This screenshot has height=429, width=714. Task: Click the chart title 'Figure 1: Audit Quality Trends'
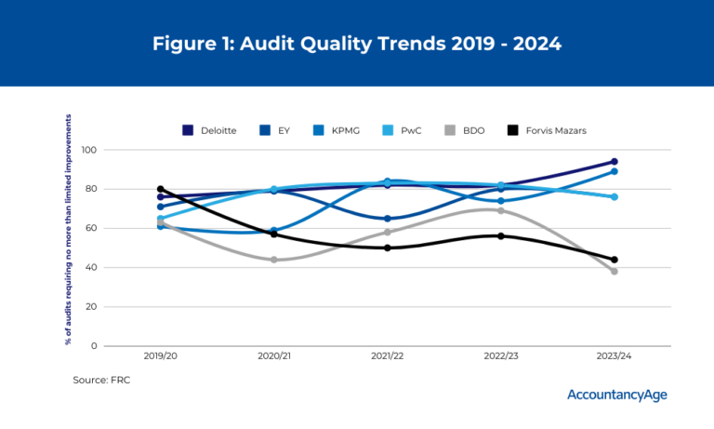coord(357,44)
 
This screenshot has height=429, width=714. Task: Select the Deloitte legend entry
coord(210,130)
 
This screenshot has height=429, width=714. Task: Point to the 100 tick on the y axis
coord(89,150)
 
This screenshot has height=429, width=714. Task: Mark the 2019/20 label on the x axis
coord(161,356)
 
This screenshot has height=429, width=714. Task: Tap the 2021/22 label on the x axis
coord(388,356)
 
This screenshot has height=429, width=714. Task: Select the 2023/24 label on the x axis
coord(615,356)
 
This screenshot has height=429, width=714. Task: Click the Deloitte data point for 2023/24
coord(615,162)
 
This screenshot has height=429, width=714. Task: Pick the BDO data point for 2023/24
coord(615,271)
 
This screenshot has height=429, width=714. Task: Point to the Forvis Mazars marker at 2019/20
coord(161,189)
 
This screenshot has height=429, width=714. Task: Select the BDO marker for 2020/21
coord(274,260)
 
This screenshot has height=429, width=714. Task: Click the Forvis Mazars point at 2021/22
coord(388,248)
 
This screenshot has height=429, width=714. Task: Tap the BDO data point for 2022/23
coord(501,210)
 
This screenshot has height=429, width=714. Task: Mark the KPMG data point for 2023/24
coord(615,171)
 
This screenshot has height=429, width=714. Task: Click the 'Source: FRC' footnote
coord(102,380)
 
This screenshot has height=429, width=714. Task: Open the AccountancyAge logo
coord(616,395)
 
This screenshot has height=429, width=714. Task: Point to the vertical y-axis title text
coord(68,229)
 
